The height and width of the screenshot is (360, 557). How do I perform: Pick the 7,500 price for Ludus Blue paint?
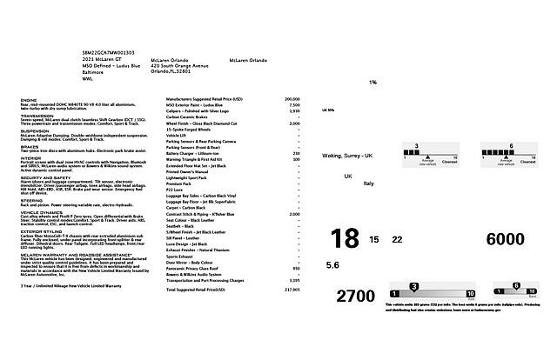click(293, 105)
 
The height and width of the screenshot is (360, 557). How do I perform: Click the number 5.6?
click(332, 264)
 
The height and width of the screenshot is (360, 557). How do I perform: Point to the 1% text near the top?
click(372, 83)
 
